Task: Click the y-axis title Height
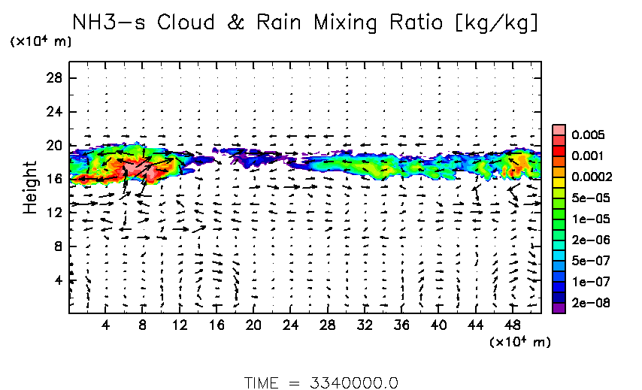(31, 187)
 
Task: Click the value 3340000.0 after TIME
(354, 382)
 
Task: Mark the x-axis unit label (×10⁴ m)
(519, 343)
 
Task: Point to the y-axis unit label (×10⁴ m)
(41, 42)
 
